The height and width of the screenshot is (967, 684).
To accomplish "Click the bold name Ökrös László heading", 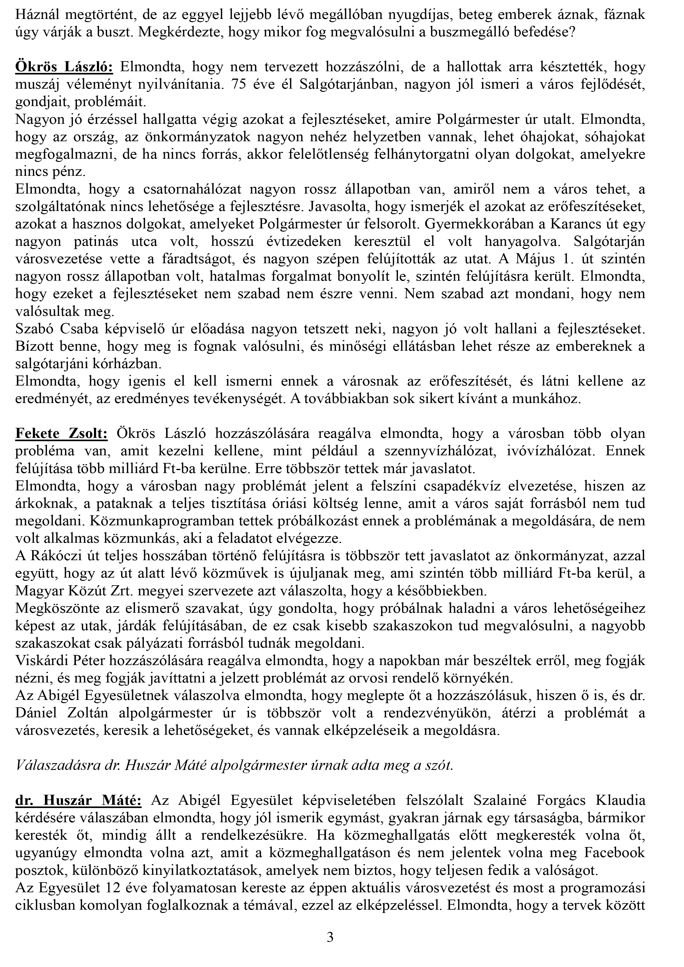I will [x=64, y=67].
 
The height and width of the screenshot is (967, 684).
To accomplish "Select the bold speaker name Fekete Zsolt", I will [x=61, y=433].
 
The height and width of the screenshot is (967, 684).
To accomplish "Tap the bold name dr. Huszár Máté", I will [x=78, y=800].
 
